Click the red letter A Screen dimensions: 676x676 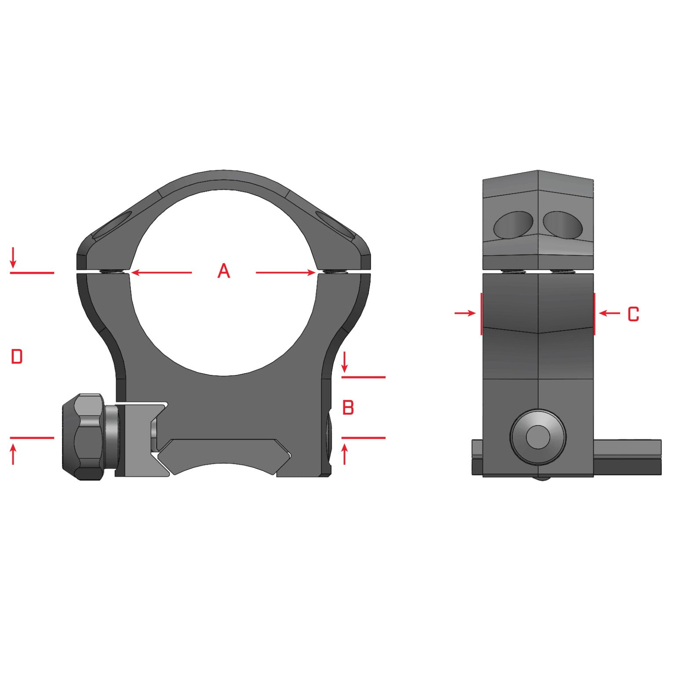pyautogui.click(x=224, y=271)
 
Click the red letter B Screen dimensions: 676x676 pyautogui.click(x=348, y=408)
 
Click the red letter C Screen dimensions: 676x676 pyautogui.click(x=633, y=314)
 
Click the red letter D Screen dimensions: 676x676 pyautogui.click(x=17, y=356)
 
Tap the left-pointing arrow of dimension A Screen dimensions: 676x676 pyautogui.click(x=161, y=273)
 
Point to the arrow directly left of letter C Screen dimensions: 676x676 pyautogui.click(x=610, y=313)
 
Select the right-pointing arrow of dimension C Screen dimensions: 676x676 pyautogui.click(x=465, y=313)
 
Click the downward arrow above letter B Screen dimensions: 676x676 pyautogui.click(x=345, y=362)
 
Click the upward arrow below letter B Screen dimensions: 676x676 pyautogui.click(x=345, y=454)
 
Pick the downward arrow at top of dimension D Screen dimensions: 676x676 pyautogui.click(x=13, y=258)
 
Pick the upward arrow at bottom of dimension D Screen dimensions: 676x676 pyautogui.click(x=13, y=454)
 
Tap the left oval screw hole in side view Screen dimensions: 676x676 pyautogui.click(x=513, y=224)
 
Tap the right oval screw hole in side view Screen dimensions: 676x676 pyautogui.click(x=563, y=224)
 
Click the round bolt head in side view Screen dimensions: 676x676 pyautogui.click(x=538, y=437)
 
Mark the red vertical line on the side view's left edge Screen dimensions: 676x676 pyautogui.click(x=481, y=313)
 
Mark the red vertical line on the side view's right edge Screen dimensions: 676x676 pyautogui.click(x=594, y=313)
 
